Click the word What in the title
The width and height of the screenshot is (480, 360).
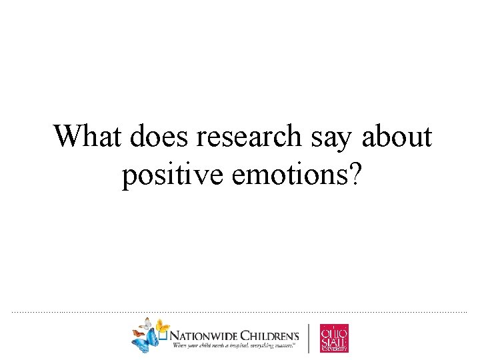pyautogui.click(x=89, y=137)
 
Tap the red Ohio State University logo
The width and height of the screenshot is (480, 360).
pyautogui.click(x=334, y=337)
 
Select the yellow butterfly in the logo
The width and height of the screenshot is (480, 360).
pyautogui.click(x=161, y=326)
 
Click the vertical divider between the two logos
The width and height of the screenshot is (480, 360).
pyautogui.click(x=309, y=337)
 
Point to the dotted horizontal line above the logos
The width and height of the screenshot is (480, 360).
pyautogui.click(x=240, y=312)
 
